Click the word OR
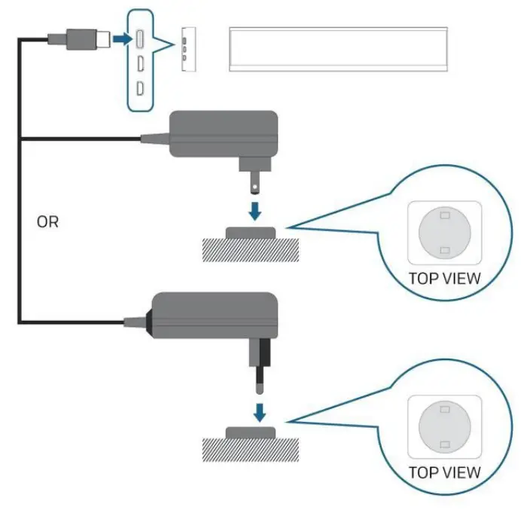click(x=47, y=223)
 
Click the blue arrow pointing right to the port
click(x=120, y=37)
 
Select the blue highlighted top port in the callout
click(x=142, y=37)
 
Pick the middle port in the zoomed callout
click(x=142, y=63)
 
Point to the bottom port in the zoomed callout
click(x=142, y=88)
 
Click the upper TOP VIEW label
click(x=444, y=278)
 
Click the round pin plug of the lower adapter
click(x=259, y=369)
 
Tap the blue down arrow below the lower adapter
click(x=259, y=411)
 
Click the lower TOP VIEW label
click(x=444, y=473)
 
